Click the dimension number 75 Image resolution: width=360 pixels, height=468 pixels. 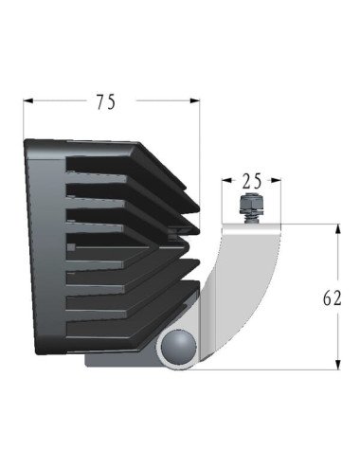pyautogui.click(x=106, y=101)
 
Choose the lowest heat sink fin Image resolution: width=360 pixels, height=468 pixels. pyautogui.click(x=133, y=303)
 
